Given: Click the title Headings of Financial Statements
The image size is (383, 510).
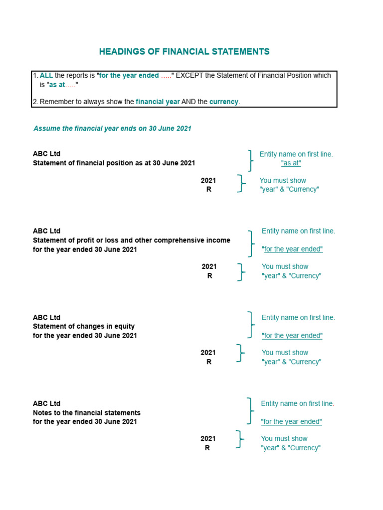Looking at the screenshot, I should tap(184, 52).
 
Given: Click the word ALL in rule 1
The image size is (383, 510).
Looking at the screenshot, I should tap(46, 76).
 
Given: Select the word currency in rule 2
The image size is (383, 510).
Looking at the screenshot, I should tap(224, 102).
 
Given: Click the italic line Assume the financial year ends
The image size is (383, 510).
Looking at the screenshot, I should tap(112, 128).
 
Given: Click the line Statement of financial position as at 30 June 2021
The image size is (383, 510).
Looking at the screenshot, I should tap(114, 163).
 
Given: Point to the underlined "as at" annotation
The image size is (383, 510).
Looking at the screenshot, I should tap(291, 163).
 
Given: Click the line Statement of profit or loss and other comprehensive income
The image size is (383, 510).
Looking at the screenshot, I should tap(131, 241).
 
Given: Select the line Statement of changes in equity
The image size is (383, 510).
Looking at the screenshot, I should tap(84, 327).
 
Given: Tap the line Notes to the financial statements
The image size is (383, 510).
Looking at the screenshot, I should tap(87, 413).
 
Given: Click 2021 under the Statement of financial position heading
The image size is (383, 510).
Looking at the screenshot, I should tap(208, 180).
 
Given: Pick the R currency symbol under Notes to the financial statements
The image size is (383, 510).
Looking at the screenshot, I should tap(207, 448).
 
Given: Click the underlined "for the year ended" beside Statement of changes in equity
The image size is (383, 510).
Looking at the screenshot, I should tap(292, 336).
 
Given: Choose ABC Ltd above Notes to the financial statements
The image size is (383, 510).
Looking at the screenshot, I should tap(46, 403).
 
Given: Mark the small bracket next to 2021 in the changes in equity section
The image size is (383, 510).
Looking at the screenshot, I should tap(241, 353).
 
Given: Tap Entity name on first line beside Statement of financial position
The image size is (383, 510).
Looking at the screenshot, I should tap(296, 154).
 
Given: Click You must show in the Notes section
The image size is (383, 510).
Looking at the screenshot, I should tap(284, 439).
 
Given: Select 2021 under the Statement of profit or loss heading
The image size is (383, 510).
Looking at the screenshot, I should tap(209, 266).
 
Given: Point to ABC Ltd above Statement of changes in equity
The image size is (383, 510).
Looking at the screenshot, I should tap(46, 317).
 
